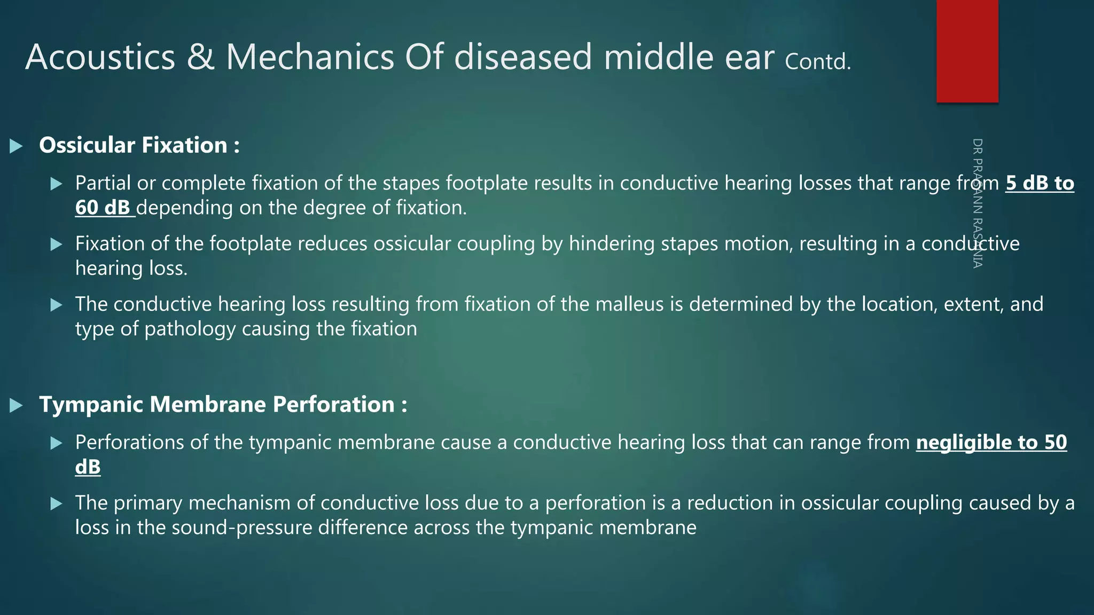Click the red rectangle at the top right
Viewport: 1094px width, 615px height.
pos(967,51)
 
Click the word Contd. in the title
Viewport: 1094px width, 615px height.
pos(817,61)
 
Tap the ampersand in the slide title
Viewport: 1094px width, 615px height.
pos(200,57)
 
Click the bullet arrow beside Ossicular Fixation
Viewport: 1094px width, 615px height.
pos(17,146)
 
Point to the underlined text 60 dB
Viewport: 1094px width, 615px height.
pos(103,208)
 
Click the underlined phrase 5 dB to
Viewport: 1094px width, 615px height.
pos(1040,183)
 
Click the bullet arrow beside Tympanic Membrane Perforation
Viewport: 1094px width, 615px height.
pos(17,405)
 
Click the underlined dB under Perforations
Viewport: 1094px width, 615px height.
pos(88,467)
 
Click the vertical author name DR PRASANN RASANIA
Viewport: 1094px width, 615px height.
pos(977,203)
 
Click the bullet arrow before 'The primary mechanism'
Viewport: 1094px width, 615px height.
pos(56,503)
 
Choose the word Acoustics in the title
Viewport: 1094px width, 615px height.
pos(100,57)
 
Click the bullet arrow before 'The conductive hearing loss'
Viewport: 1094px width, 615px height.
pos(56,305)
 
